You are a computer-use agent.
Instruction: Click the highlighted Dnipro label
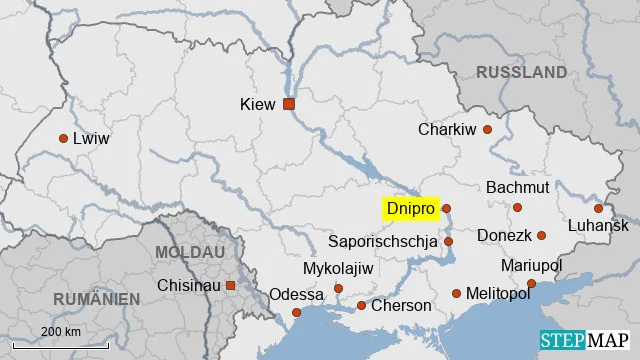410,208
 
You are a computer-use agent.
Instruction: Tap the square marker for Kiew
289,104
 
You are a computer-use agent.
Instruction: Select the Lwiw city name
91,139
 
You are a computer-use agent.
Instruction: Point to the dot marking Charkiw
488,129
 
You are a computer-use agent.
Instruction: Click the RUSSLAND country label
521,72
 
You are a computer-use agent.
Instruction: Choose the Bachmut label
517,187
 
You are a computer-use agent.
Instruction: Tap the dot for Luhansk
598,208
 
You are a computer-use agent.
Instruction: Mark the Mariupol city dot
531,283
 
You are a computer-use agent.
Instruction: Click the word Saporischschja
383,241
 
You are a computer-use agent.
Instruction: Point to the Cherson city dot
361,305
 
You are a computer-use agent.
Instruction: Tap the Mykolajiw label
337,269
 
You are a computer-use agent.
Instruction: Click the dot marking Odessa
296,313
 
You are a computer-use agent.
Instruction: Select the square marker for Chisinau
231,286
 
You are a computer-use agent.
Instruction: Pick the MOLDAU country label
191,253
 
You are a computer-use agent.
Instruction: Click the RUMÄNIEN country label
98,298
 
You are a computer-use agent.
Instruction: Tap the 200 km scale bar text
61,331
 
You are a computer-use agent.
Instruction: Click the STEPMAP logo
585,341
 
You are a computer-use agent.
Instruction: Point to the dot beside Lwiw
64,139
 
